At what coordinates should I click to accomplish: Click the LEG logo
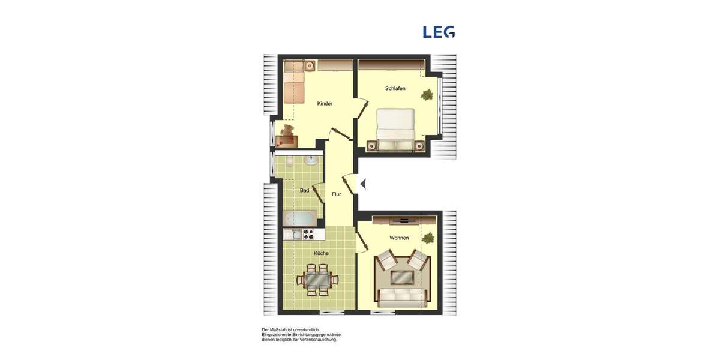439,32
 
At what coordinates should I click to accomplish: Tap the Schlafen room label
395,89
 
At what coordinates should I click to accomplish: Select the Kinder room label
325,104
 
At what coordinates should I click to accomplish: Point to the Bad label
304,191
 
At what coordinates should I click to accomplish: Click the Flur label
336,194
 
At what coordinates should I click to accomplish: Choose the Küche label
321,253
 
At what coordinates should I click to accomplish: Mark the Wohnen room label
399,238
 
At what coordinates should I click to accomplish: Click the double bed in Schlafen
395,126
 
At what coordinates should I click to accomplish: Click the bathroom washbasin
312,160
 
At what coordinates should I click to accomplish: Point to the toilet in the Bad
289,161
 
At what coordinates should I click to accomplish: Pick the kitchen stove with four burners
309,234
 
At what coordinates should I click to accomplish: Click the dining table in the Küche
317,279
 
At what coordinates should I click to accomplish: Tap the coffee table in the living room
401,277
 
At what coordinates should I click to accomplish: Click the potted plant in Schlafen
427,95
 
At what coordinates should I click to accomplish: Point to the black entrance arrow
362,184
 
